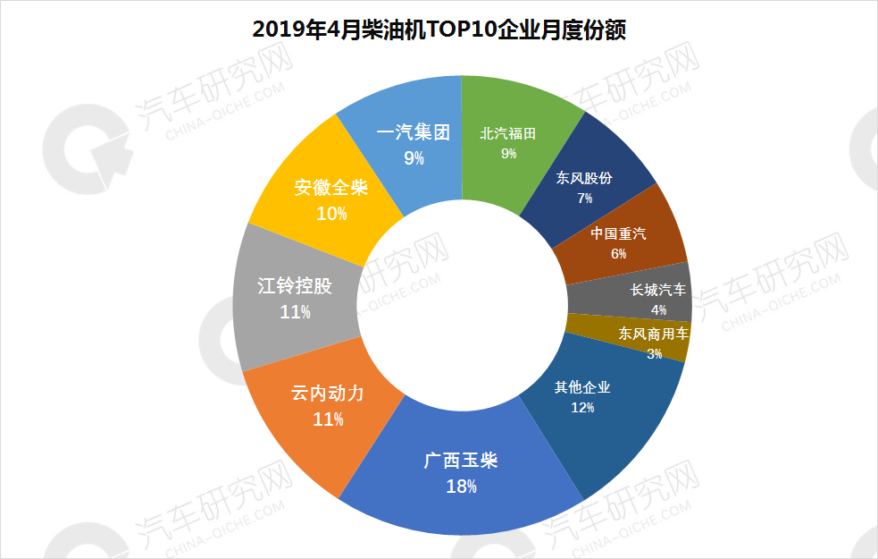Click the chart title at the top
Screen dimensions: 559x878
coord(439,30)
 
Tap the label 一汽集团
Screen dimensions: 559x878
coord(412,133)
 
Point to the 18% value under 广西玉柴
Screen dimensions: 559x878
coord(461,487)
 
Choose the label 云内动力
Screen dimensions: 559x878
coord(328,394)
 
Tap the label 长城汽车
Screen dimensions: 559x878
coord(658,290)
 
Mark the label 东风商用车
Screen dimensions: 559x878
coord(654,334)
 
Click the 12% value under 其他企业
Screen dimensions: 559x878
coord(581,408)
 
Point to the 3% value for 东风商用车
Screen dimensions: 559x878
coord(654,353)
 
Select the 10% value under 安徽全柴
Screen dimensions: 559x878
coord(331,214)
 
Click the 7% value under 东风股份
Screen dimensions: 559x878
coord(585,198)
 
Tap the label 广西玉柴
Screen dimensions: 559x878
coord(461,462)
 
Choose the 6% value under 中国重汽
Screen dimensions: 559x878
coord(618,253)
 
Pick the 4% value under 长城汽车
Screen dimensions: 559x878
coord(658,309)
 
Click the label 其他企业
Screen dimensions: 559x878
coord(582,387)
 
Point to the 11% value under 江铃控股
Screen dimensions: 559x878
coord(295,312)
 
